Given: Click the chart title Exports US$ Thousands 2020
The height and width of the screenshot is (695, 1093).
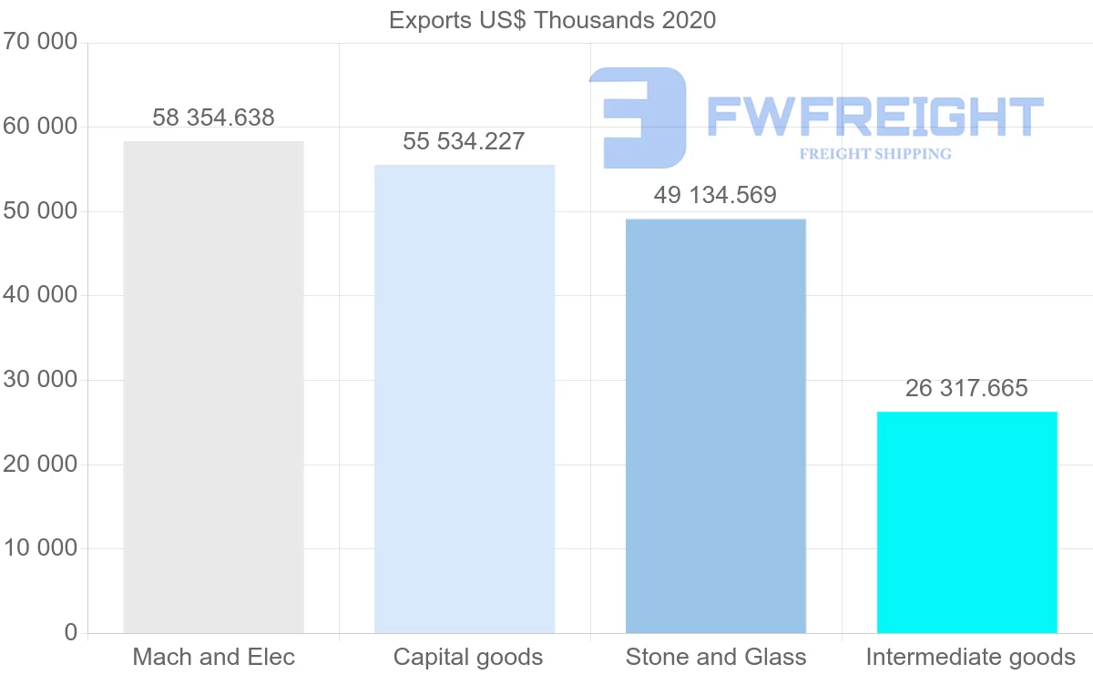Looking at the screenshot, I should [x=552, y=20].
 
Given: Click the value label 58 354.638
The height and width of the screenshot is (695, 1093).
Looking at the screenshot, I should [x=213, y=118].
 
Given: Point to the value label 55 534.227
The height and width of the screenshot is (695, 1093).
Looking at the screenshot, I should [x=465, y=141].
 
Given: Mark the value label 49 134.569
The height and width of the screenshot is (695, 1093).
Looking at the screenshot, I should [x=716, y=195].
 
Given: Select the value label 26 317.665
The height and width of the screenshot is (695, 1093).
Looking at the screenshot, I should [x=966, y=388].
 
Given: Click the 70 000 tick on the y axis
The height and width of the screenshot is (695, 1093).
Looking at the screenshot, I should [x=39, y=43].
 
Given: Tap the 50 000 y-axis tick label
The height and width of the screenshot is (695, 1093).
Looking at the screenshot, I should [x=39, y=211].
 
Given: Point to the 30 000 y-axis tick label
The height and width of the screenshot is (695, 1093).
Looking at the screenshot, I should [x=39, y=380].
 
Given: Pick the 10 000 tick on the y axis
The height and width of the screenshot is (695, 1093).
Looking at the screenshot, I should [x=39, y=548].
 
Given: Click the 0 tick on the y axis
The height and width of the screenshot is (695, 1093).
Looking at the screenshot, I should [x=71, y=633].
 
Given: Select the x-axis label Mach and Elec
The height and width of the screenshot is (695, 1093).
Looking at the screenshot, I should [x=213, y=657].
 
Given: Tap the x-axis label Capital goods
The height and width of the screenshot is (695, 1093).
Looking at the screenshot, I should [x=468, y=657].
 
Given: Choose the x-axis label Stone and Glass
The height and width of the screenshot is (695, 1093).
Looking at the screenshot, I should [x=716, y=657].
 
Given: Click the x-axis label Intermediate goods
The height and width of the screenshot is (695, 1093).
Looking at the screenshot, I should [x=970, y=657].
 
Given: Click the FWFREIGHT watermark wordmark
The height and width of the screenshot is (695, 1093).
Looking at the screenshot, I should [x=874, y=117].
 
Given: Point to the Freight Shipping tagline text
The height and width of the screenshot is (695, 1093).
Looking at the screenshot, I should [x=874, y=154].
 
